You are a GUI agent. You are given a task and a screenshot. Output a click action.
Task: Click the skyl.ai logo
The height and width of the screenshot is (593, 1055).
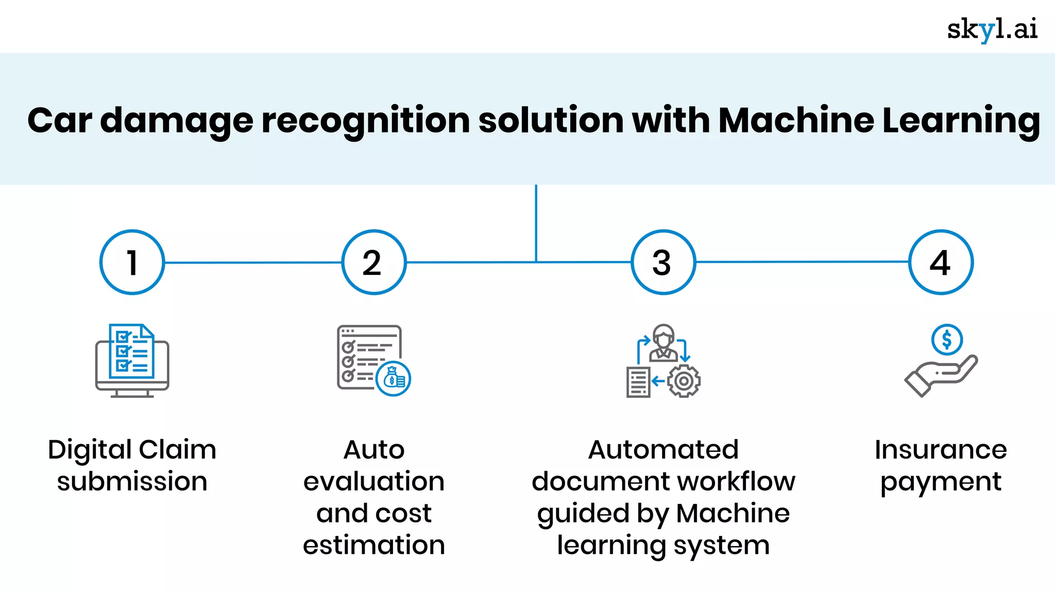[x=992, y=29]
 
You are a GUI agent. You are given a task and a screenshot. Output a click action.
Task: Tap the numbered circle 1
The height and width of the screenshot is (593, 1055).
[x=132, y=262]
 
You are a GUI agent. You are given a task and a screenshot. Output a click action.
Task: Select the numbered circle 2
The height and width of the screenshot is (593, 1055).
[x=374, y=262]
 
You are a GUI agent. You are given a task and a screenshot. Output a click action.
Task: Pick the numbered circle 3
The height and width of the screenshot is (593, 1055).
[x=663, y=262]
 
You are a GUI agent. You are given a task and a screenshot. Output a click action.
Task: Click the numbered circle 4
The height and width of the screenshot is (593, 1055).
[x=941, y=262]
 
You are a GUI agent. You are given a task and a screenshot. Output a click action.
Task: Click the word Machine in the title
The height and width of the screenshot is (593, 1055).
[x=796, y=120]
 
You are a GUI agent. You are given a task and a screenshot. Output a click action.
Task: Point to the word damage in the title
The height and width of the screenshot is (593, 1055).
[x=177, y=121]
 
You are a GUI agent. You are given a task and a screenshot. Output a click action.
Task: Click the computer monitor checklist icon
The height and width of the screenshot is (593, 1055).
[x=132, y=360]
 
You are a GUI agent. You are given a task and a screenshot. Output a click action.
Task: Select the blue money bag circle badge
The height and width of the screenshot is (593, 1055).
[x=394, y=379]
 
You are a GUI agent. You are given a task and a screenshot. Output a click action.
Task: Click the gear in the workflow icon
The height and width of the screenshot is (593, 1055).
[x=684, y=381]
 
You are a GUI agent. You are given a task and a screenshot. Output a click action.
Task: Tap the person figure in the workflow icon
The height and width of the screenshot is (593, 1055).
[x=663, y=342]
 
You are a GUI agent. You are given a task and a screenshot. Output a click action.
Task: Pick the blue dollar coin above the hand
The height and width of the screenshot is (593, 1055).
[x=947, y=340]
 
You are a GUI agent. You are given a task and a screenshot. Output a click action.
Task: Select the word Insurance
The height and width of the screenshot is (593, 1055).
[x=941, y=449]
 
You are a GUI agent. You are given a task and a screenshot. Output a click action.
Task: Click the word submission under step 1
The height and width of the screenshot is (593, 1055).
[x=132, y=482]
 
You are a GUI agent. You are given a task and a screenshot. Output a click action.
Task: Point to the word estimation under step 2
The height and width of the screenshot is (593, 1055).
[x=374, y=545]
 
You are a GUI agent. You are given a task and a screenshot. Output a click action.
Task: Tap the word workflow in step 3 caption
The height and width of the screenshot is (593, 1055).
[x=737, y=482]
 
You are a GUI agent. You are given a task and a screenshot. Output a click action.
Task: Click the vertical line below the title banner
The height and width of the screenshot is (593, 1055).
[x=536, y=221]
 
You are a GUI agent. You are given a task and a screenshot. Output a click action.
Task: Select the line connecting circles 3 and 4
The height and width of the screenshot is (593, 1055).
[x=802, y=261]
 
